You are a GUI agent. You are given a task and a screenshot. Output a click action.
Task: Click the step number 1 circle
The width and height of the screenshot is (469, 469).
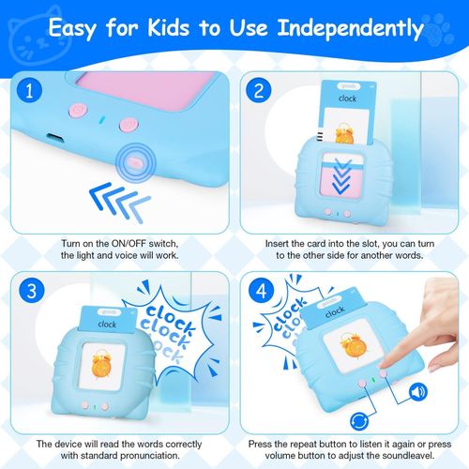29,90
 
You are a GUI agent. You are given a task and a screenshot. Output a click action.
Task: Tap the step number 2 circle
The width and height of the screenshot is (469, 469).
259,90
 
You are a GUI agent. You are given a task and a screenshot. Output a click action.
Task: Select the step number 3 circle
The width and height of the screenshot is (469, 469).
32,291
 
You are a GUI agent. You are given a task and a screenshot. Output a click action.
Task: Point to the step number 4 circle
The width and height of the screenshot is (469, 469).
261,291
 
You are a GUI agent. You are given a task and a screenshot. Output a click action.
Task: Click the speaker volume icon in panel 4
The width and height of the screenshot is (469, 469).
418,392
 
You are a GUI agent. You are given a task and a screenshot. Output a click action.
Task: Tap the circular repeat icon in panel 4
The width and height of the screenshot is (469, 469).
359,421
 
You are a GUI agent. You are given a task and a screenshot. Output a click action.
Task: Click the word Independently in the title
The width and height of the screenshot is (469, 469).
350,29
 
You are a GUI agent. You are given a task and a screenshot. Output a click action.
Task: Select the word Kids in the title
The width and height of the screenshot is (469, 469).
169,27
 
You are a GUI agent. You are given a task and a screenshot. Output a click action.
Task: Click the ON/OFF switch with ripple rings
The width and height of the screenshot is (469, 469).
135,162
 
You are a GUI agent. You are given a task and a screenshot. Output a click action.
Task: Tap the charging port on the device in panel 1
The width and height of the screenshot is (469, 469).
55,138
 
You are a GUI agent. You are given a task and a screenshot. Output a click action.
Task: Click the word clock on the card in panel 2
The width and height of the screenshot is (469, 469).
347,98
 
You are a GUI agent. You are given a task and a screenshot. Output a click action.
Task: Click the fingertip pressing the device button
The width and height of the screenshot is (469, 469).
386,366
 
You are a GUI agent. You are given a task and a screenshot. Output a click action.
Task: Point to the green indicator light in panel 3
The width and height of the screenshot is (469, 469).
95,407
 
